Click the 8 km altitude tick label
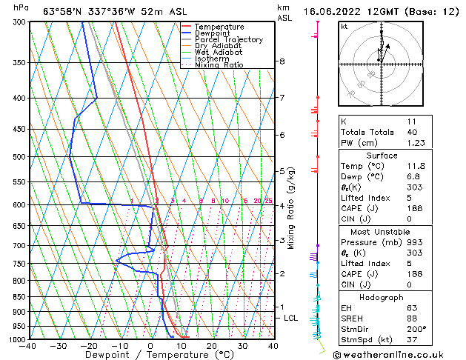pyautogui.click(x=282, y=61)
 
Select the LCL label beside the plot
pyautogui.click(x=291, y=318)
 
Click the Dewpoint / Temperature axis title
pyautogui.click(x=149, y=355)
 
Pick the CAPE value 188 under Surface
pyautogui.click(x=412, y=208)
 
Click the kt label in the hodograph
pyautogui.click(x=344, y=27)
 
